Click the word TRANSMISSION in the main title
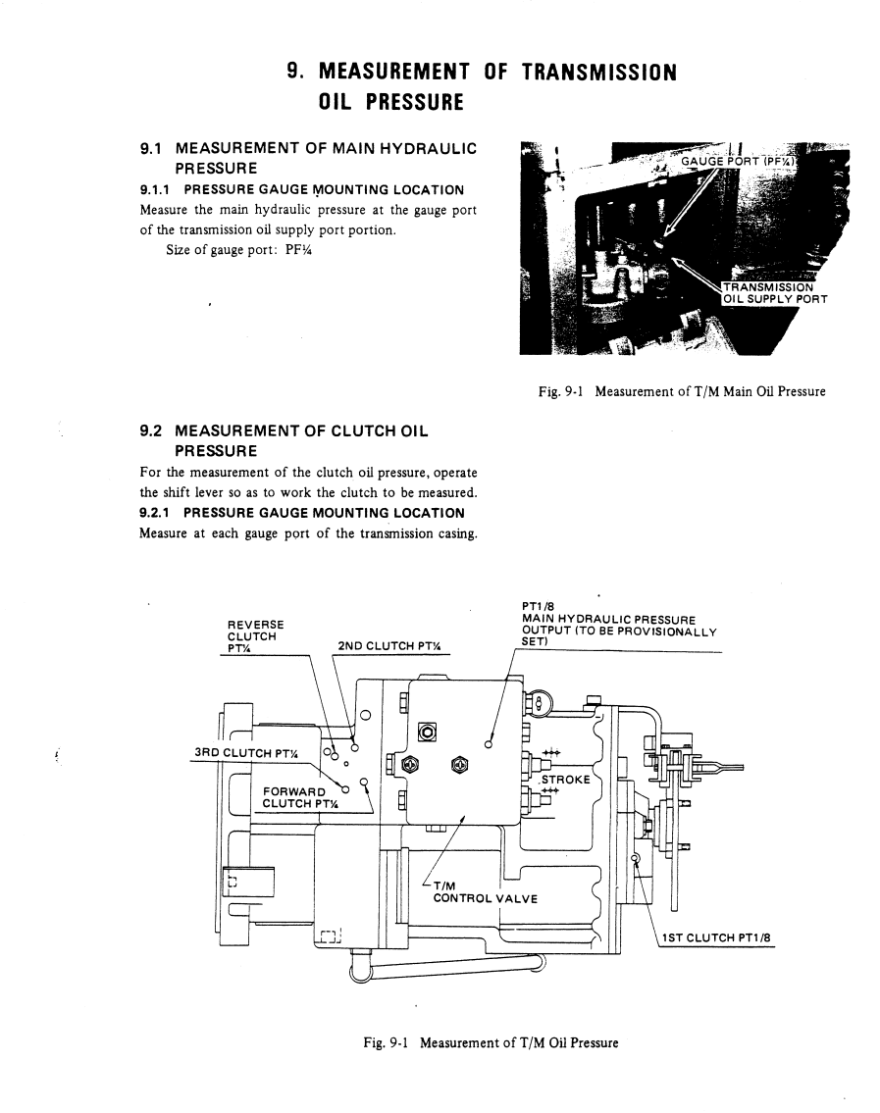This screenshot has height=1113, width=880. point(598,73)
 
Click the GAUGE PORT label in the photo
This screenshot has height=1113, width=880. point(739,161)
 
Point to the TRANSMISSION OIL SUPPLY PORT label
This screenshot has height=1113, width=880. point(775,293)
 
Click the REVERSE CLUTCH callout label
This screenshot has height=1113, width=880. point(255,636)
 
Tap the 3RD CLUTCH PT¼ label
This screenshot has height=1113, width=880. point(245,753)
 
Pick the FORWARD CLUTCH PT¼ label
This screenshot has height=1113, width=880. point(300,797)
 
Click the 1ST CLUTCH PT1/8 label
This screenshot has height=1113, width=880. point(716,937)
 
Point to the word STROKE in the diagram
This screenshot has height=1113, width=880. point(565,780)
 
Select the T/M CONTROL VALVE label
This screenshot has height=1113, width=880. point(485,892)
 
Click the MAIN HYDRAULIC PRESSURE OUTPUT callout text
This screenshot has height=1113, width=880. point(619,625)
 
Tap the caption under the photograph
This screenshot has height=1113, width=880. point(682,391)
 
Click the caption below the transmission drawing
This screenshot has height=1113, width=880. point(491,1042)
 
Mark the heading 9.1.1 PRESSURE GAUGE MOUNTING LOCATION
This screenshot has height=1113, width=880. point(302,190)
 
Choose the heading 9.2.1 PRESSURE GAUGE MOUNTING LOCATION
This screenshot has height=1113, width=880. point(302,513)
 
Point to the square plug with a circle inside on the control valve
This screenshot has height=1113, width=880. point(427,732)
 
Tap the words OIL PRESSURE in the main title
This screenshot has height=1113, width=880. point(390,102)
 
